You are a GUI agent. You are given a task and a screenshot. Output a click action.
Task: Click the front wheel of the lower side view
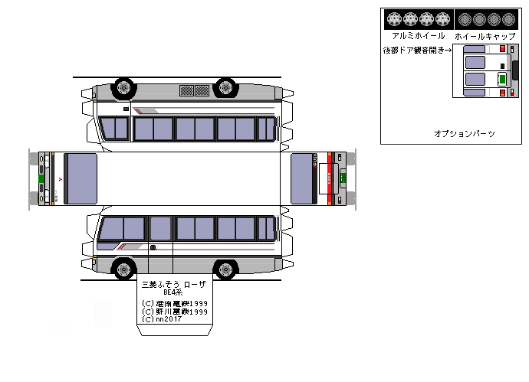pos(123,269)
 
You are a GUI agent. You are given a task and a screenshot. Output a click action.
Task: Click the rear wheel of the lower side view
pos(224,269)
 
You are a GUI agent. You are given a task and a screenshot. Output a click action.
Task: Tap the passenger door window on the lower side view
pos(160,228)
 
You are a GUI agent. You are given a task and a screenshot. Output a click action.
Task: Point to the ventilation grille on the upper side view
pos(194,90)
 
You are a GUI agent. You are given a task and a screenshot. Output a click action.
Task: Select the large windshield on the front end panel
pos(80,178)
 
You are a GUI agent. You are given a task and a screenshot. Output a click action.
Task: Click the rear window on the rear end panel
pos(304,178)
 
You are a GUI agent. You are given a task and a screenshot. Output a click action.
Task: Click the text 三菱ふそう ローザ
pos(175,284)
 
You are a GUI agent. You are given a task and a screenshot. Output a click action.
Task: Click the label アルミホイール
pos(418,36)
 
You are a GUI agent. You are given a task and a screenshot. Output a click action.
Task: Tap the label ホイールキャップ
pos(485,36)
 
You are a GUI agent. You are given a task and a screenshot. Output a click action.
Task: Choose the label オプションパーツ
pos(464,134)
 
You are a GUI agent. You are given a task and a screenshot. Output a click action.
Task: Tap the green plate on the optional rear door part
pos(501,77)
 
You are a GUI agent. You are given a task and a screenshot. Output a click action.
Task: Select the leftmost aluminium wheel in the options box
pos(394,18)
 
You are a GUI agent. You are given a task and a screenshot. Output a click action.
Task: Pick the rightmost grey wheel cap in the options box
pos(508,18)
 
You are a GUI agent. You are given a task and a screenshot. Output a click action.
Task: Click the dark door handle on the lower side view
pos(153,247)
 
